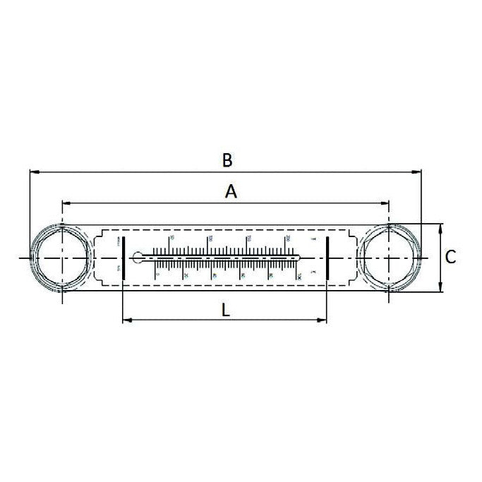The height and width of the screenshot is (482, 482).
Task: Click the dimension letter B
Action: click(x=227, y=159)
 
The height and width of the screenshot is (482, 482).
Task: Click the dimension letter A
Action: click(x=231, y=191)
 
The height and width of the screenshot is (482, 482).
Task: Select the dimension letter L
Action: click(x=224, y=308)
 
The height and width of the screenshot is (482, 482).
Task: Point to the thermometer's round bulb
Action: click(x=138, y=257)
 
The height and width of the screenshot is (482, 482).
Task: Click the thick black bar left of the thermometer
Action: click(x=123, y=258)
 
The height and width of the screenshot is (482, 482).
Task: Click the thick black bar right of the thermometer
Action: click(x=327, y=258)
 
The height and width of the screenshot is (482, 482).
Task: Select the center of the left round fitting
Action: click(x=62, y=258)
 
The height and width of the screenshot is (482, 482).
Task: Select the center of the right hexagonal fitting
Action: click(x=389, y=258)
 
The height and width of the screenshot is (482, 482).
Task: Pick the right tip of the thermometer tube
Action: click(x=300, y=257)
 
